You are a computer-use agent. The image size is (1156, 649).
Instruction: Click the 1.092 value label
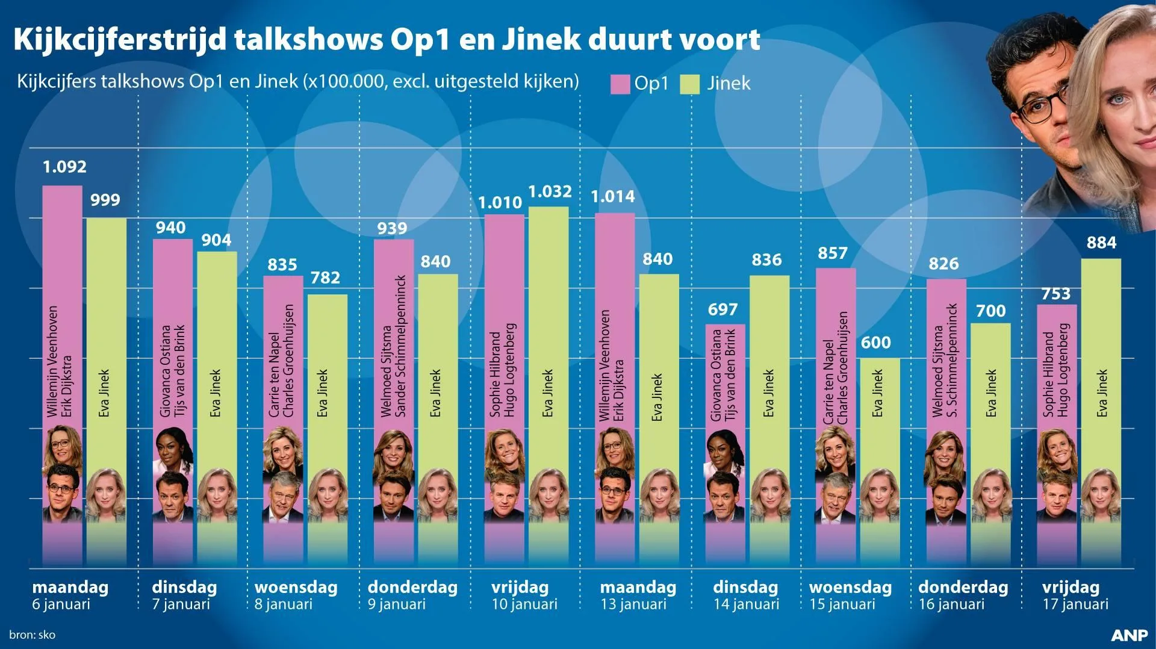click(64, 167)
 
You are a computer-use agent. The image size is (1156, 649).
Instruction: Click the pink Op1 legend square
click(620, 84)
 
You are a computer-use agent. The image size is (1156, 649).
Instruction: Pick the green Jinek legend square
click(689, 84)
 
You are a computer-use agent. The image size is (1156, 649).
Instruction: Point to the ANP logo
click(1130, 636)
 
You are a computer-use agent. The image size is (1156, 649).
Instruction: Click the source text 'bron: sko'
click(33, 635)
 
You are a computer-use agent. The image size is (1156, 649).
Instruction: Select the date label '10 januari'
click(524, 604)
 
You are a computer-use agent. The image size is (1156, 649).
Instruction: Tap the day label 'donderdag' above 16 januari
click(963, 587)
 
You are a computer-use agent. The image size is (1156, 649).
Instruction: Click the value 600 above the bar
click(875, 343)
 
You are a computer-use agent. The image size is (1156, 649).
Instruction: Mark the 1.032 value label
click(550, 191)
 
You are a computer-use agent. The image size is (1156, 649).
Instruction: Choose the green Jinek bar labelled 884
click(1101, 409)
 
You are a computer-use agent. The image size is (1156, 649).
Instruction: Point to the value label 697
click(722, 309)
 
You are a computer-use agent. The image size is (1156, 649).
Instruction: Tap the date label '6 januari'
click(61, 604)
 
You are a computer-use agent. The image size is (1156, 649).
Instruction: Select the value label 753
click(1056, 294)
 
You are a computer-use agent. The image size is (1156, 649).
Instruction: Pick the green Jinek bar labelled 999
click(106, 391)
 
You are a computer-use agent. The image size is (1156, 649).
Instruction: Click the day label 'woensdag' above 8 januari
click(296, 587)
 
